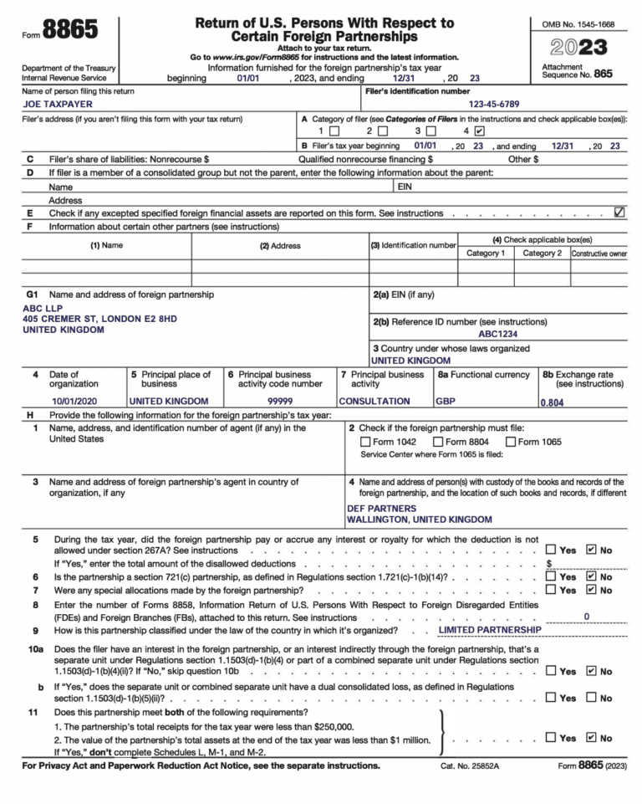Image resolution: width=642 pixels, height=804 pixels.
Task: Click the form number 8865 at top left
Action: pos(69,30)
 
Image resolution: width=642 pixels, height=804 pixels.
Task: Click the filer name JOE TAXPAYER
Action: pos(57,105)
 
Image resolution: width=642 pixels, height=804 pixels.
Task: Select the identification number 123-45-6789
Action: pos(493,105)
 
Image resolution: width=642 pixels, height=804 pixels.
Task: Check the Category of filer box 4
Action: pos(478,131)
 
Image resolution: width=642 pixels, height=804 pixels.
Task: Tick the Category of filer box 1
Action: pos(334,131)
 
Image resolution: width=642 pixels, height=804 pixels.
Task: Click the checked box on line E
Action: pos(619,213)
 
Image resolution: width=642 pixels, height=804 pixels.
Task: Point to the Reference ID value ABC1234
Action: pos(501,333)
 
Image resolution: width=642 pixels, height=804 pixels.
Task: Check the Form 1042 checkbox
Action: pos(365,442)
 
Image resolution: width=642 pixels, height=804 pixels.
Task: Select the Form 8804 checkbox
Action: pos(438,442)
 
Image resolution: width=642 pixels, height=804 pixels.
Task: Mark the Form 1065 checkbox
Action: pos(511,442)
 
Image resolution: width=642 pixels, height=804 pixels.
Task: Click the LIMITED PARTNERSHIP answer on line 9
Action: pos(490,629)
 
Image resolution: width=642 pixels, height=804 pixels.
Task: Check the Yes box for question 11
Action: pos(551,737)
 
